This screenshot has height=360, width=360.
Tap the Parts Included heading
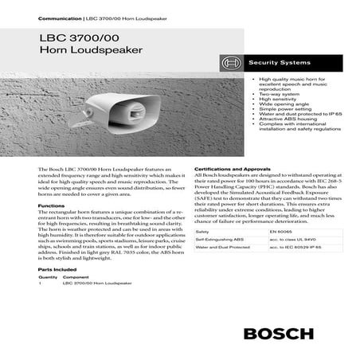coord(57,269)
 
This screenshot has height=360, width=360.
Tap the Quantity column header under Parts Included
coord(45,276)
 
